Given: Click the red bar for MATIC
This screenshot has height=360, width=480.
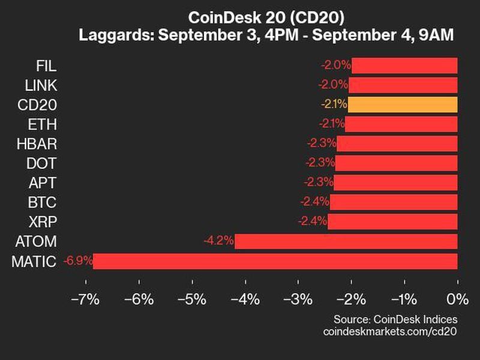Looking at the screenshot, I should pos(275,262).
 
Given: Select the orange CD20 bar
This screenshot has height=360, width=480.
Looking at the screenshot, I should pos(402,104).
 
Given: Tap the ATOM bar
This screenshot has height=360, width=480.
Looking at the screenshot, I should pos(346,242).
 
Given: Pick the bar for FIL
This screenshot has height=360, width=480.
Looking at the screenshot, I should pos(404,65).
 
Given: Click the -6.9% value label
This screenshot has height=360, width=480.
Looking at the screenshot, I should pos(77,262).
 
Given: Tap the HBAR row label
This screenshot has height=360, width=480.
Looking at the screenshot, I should pos(38,143).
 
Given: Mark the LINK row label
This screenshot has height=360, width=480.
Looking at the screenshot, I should pos(40,85).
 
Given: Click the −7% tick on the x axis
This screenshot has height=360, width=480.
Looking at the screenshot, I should pos(85,299).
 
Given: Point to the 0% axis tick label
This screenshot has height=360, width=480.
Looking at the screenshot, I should pos(457,299).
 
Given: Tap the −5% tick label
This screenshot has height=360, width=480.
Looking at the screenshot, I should pos(191,299).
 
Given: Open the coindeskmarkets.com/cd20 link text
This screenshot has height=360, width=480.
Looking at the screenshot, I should pos(390,331).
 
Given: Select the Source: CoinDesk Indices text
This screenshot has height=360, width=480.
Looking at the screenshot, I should pos(395,319).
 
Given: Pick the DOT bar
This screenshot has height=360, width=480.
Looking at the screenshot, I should pos(396,163).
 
